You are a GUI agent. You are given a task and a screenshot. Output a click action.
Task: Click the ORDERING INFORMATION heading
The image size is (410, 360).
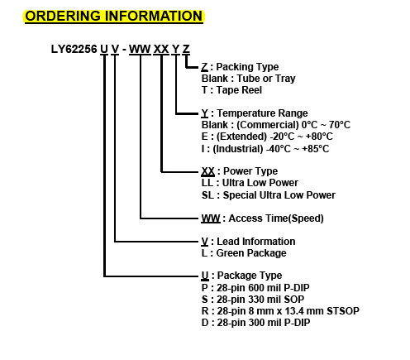[114, 16]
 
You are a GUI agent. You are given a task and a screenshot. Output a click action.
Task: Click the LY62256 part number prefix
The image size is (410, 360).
[74, 50]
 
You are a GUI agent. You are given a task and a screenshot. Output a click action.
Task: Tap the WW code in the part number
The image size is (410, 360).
[140, 50]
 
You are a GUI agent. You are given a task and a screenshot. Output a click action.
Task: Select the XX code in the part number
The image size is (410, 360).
[161, 50]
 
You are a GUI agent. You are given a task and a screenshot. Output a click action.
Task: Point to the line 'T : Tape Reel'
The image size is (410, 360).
[231, 90]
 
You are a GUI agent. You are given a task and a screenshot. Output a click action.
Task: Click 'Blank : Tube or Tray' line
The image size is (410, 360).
[249, 79]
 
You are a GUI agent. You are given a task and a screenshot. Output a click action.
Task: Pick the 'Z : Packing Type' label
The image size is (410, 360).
[240, 67]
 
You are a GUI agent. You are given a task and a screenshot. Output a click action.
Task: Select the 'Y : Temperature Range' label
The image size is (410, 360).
[255, 113]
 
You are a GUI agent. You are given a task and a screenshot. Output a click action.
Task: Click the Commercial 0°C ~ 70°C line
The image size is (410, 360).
[276, 125]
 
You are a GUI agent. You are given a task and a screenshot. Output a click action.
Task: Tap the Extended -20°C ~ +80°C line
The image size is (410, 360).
[267, 137]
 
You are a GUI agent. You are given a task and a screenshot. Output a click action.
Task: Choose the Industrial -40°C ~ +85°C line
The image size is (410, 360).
[265, 149]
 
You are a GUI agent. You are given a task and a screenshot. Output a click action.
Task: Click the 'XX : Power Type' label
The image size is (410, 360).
[240, 171]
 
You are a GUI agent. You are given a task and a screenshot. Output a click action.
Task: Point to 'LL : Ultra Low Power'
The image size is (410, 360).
[250, 183]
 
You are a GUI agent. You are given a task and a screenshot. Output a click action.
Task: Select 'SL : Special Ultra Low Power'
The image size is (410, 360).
[269, 195]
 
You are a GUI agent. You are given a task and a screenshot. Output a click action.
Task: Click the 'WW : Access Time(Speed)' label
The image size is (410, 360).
[263, 218]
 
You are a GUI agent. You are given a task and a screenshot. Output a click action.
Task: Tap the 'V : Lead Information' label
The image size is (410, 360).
[249, 242]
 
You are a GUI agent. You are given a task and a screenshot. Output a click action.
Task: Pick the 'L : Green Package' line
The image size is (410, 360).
[244, 253]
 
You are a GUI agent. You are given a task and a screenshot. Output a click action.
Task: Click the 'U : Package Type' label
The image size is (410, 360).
[242, 276]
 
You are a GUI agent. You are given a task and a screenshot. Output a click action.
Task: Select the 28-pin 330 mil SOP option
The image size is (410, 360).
[253, 300]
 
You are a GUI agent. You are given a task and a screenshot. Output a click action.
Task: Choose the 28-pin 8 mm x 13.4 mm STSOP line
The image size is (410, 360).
[280, 311]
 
